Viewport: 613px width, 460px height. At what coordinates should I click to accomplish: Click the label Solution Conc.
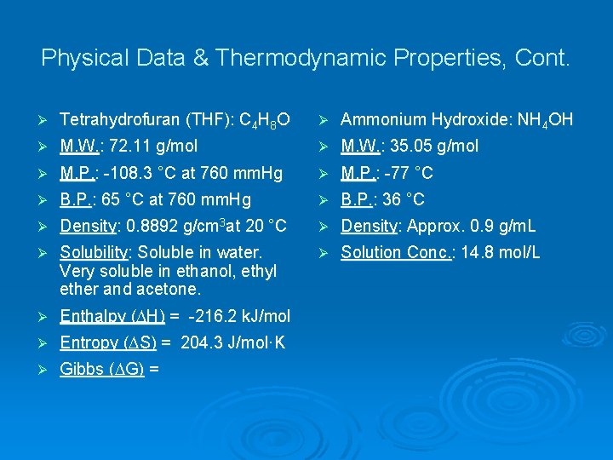pos(394,252)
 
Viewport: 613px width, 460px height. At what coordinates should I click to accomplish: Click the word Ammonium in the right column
pos(376,119)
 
